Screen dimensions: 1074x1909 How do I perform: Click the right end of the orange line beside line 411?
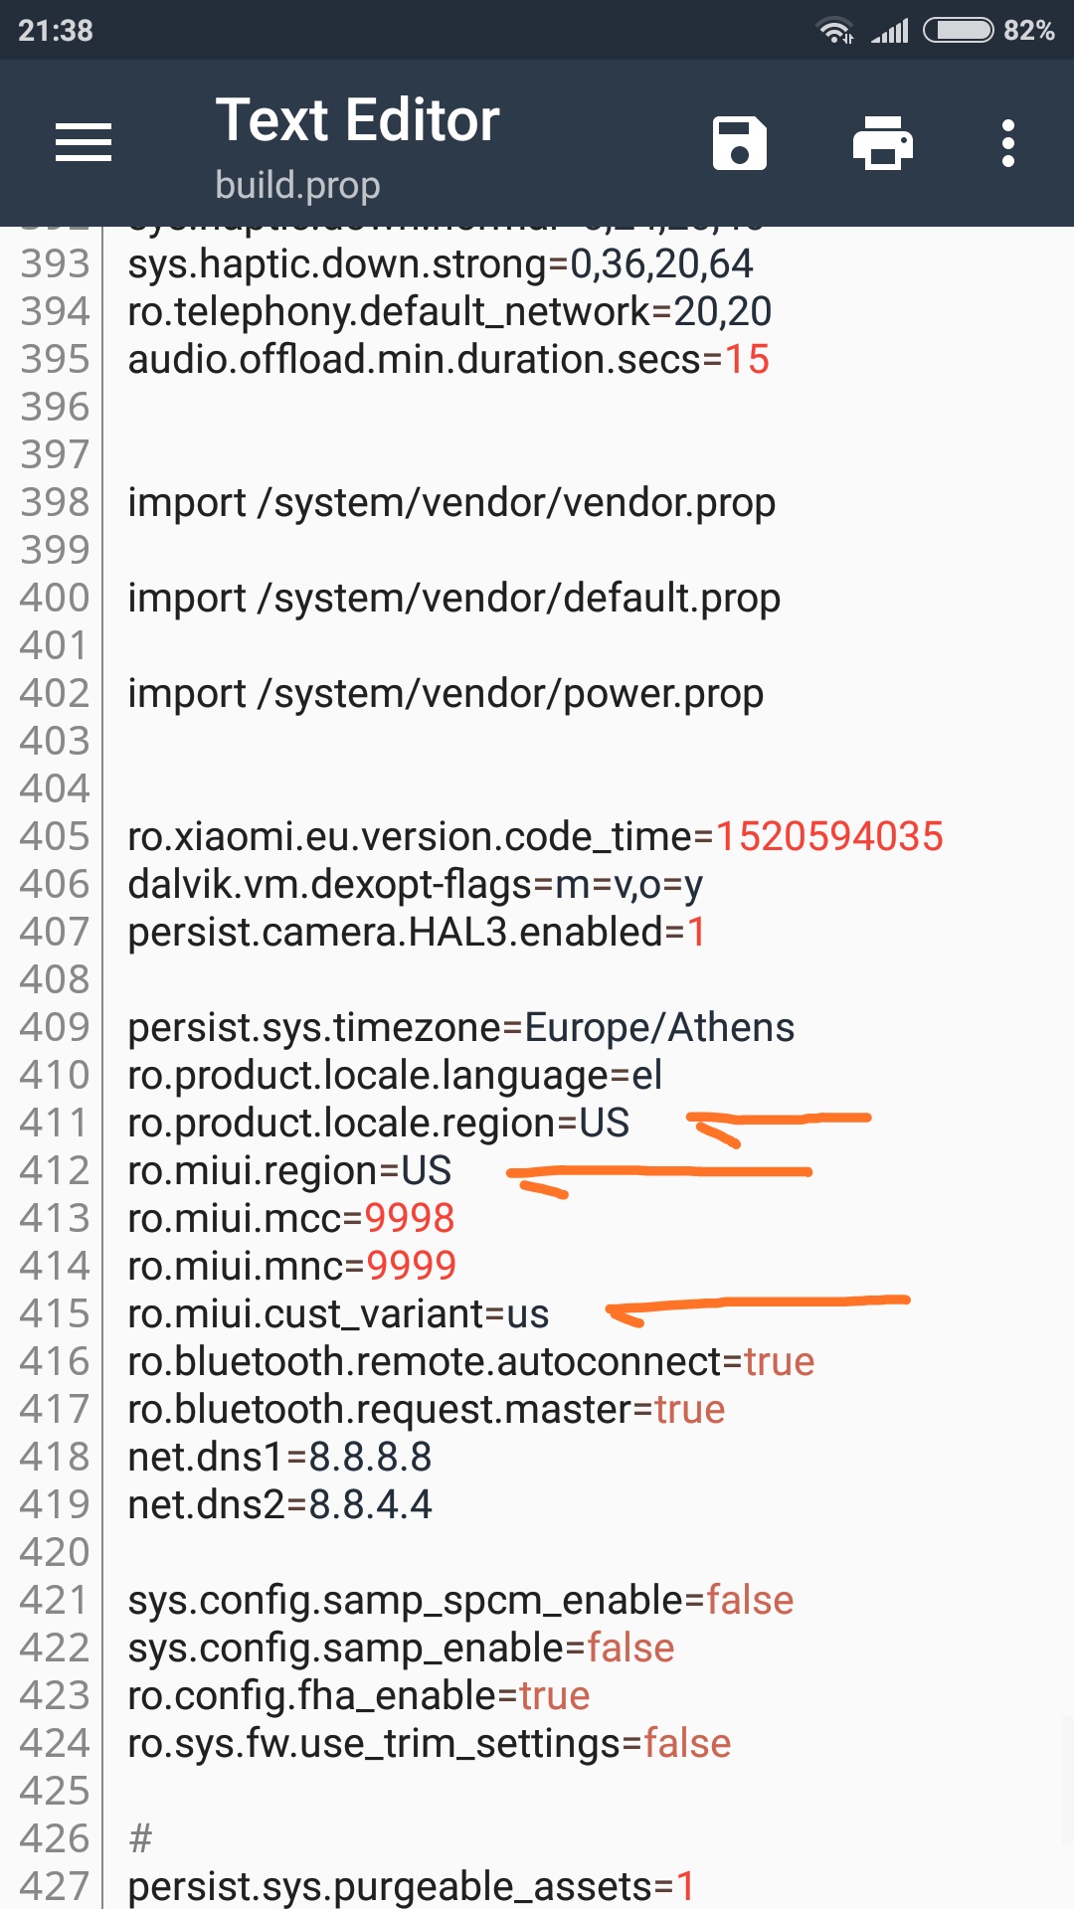click(870, 1118)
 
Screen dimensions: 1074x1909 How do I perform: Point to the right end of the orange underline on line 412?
click(811, 1172)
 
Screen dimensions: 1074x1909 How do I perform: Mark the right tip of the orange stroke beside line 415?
click(909, 1298)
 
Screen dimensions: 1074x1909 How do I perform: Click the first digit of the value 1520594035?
click(726, 836)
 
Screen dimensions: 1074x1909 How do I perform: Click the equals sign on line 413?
click(353, 1219)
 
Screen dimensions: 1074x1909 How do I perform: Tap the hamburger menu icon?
click(84, 142)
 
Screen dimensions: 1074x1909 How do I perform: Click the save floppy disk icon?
click(740, 143)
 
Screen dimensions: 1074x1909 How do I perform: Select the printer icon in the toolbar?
click(883, 143)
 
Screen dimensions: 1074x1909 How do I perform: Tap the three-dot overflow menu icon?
click(1008, 143)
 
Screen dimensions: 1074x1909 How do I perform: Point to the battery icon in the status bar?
click(959, 31)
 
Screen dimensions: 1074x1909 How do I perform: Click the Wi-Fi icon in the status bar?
click(835, 31)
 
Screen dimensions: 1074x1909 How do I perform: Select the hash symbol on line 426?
click(140, 1839)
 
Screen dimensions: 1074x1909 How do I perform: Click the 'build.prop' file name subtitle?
click(297, 186)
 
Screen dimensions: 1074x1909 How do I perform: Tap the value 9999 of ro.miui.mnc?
click(411, 1266)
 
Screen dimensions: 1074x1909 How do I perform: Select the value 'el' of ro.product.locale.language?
click(646, 1075)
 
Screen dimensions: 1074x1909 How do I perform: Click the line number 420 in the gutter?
click(55, 1552)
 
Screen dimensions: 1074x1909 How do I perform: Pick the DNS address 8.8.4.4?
click(370, 1505)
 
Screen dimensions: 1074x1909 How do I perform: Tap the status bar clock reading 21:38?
click(56, 31)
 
